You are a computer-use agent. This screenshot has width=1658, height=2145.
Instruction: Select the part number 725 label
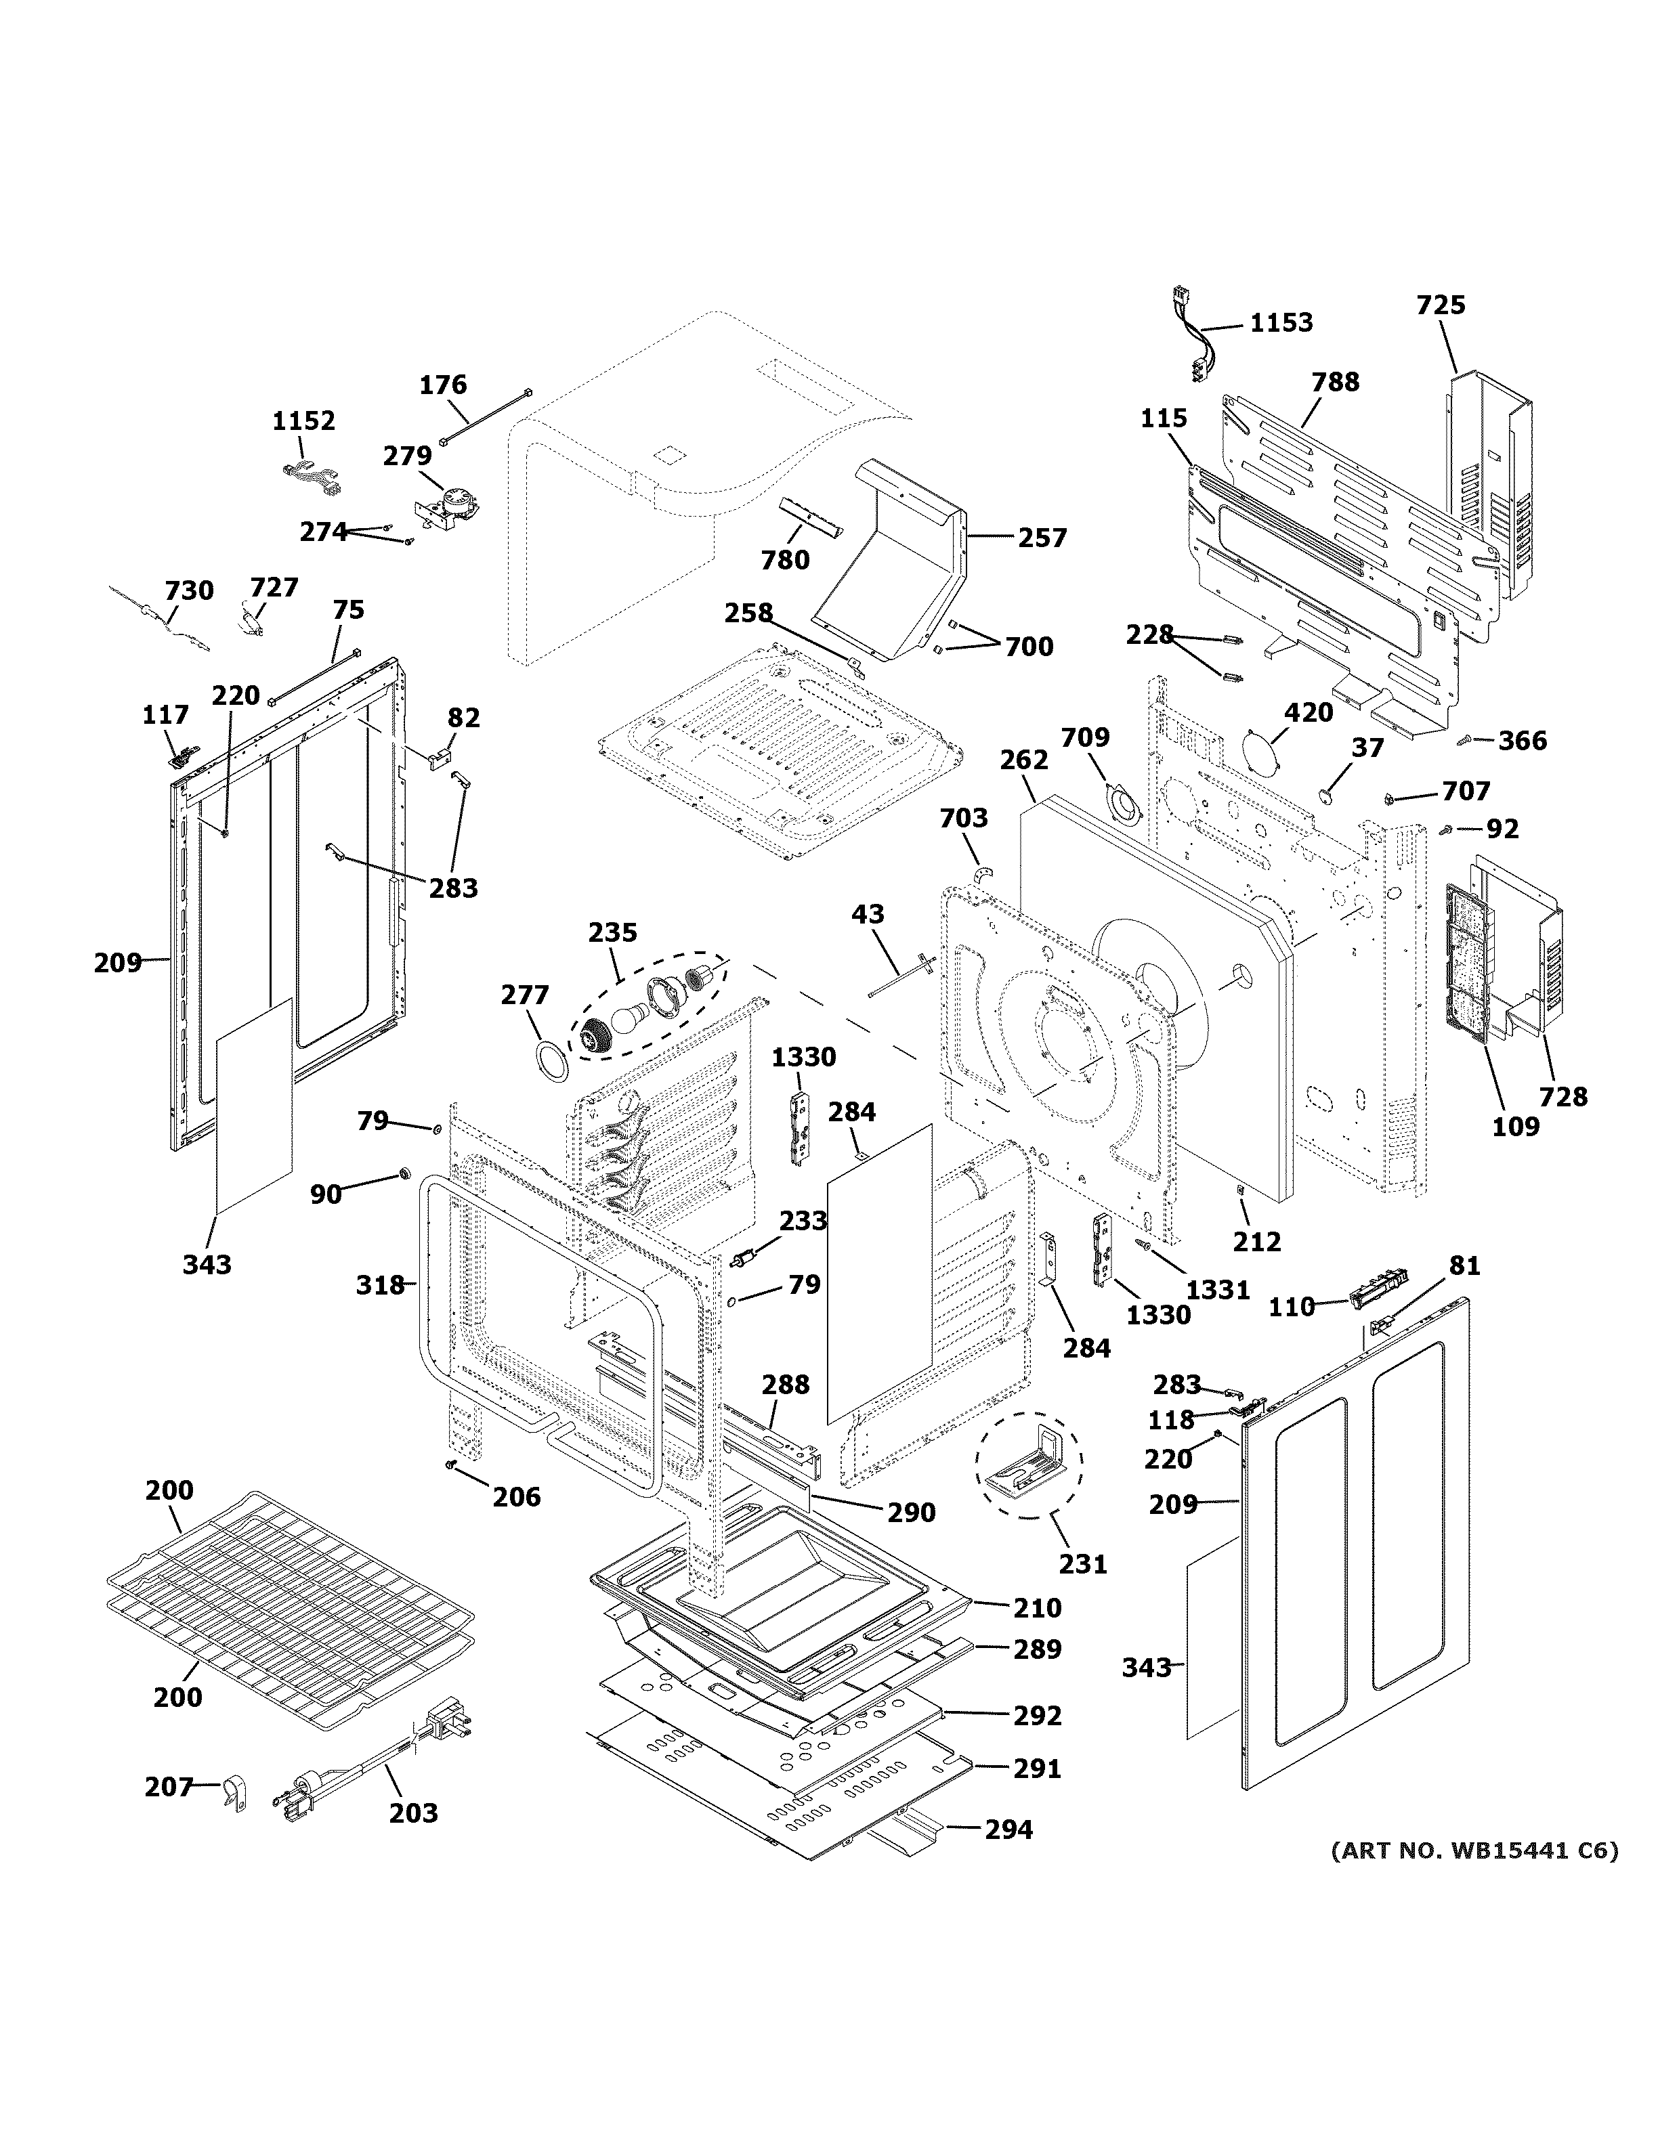1441,305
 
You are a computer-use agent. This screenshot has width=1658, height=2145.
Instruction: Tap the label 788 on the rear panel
1335,381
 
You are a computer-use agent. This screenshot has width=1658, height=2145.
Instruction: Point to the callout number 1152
303,420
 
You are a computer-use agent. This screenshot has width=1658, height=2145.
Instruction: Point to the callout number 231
1084,1563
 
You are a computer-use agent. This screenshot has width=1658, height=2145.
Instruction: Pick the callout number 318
380,1284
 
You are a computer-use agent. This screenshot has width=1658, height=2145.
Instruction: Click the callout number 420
1309,712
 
